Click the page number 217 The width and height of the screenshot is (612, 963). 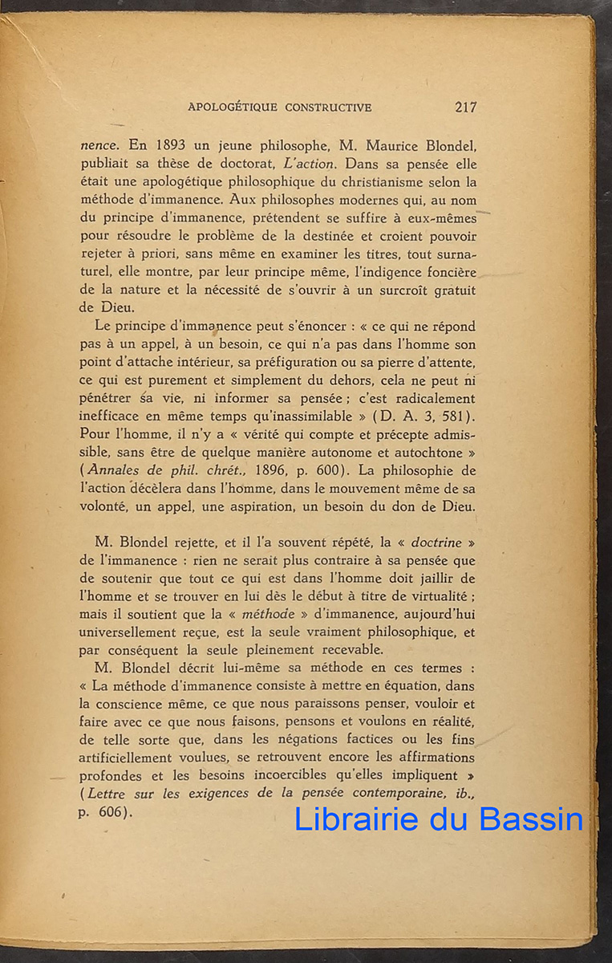[x=465, y=107]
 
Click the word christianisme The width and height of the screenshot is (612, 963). [x=382, y=182]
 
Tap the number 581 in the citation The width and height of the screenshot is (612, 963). [x=457, y=416]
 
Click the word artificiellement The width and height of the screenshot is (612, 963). [x=141, y=758]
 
